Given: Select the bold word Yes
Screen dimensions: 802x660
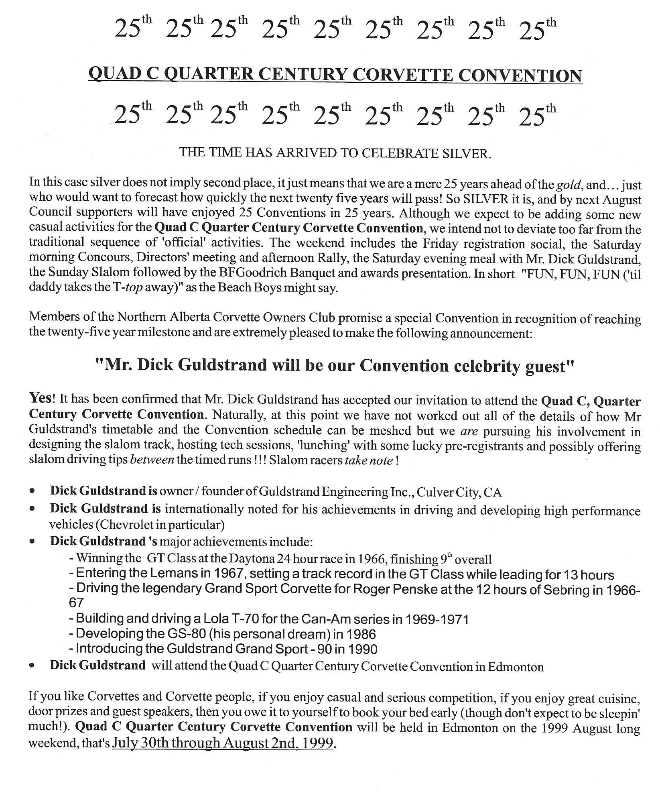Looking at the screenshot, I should click(41, 399).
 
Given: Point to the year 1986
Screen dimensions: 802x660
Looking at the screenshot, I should click(360, 635).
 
